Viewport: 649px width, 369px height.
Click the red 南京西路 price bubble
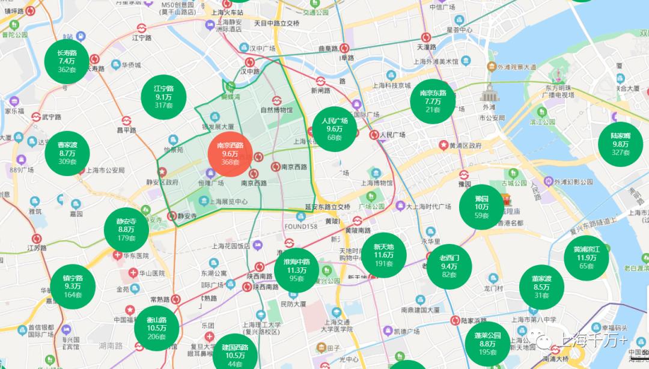(x=230, y=153)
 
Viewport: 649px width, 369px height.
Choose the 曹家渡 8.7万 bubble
(x=67, y=153)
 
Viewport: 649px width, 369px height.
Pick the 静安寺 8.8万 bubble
(x=126, y=230)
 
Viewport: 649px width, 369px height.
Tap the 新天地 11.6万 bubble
(x=383, y=255)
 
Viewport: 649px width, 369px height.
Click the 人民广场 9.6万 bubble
(x=334, y=129)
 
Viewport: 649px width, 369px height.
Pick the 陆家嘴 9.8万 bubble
(x=620, y=144)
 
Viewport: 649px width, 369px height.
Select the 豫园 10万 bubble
(x=481, y=207)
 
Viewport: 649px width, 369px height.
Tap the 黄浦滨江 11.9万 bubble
(x=587, y=257)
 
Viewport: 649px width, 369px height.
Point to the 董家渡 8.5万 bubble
(x=541, y=287)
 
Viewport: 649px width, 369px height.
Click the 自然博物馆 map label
(x=276, y=111)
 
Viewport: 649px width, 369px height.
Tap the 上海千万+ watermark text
(x=593, y=341)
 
